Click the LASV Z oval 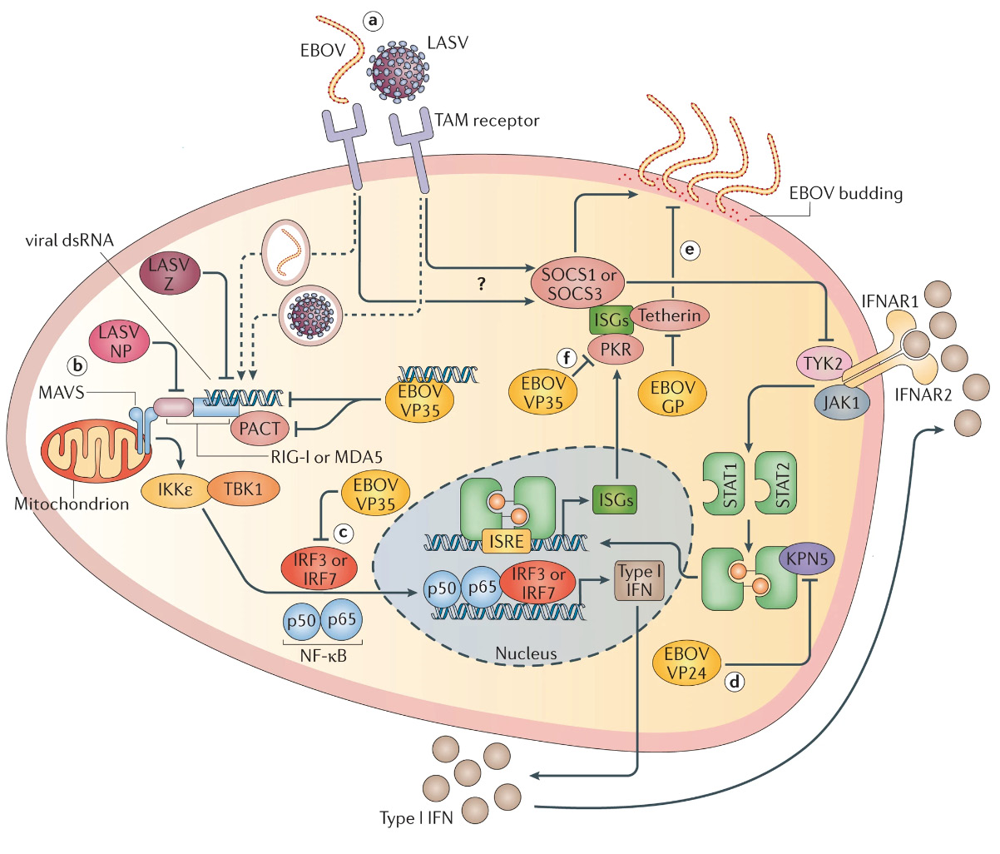[x=170, y=274]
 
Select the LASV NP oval [x=121, y=342]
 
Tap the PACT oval [x=260, y=429]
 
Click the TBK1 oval [x=242, y=489]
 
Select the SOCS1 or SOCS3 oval [x=577, y=284]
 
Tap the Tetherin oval [x=670, y=315]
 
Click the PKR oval [x=616, y=350]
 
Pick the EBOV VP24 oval [x=687, y=663]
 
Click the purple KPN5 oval [x=804, y=559]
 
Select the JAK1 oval [x=842, y=403]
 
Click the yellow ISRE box [x=507, y=541]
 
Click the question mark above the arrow [x=481, y=284]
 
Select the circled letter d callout [x=735, y=682]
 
